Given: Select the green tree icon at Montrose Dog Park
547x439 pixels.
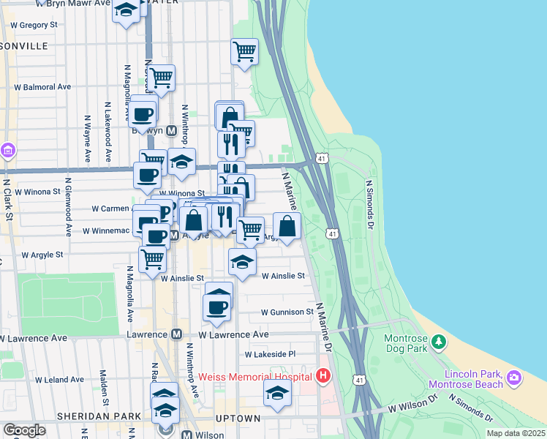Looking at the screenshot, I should (439, 341).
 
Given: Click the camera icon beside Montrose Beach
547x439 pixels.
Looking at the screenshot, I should (514, 378).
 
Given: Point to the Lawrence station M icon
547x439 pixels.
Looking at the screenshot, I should (176, 334).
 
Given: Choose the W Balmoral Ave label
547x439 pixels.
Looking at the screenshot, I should (42, 86).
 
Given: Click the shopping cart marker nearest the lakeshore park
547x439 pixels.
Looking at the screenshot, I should (244, 51).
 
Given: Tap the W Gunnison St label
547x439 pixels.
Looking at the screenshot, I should (287, 312).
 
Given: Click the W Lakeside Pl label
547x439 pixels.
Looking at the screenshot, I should (270, 354).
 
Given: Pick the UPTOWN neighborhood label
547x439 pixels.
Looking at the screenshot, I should (238, 418).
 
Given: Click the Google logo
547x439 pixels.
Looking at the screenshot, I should (23, 429).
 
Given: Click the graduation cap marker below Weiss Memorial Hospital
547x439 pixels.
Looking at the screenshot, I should (277, 393).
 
